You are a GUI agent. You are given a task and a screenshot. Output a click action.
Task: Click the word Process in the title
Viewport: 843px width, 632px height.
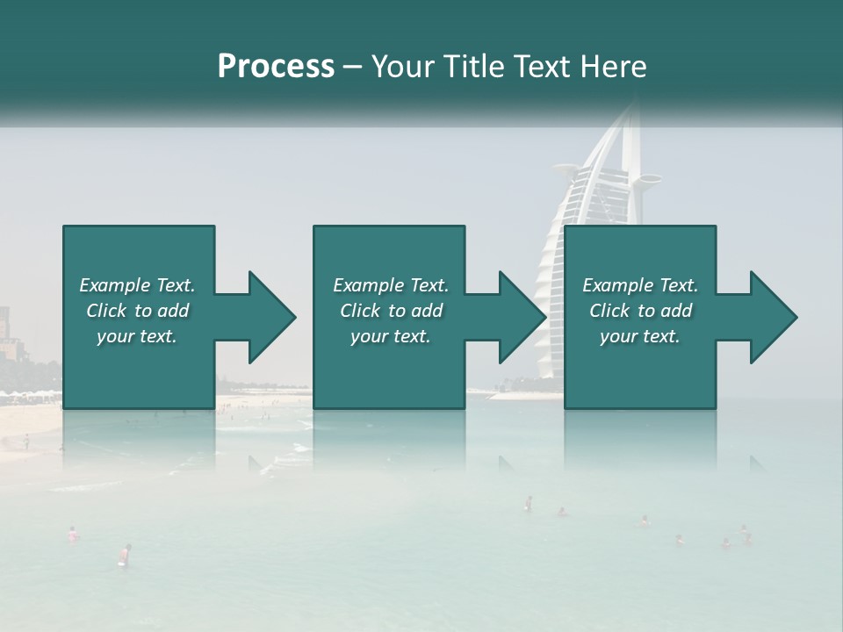276,67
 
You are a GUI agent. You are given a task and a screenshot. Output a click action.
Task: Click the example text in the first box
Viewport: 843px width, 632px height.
137,311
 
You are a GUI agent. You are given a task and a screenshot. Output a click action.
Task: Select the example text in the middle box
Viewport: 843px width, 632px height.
390,311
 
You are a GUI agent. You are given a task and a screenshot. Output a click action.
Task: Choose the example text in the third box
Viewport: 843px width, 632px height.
639,311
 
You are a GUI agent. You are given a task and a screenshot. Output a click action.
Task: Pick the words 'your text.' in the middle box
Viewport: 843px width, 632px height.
390,336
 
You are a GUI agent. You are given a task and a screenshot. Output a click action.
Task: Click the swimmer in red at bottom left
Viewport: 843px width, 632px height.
126,554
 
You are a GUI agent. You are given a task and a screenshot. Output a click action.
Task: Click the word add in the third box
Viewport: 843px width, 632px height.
677,311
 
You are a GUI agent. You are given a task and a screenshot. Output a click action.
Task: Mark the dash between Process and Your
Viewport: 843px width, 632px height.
352,67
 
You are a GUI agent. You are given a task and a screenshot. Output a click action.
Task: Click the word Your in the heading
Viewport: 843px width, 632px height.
400,67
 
